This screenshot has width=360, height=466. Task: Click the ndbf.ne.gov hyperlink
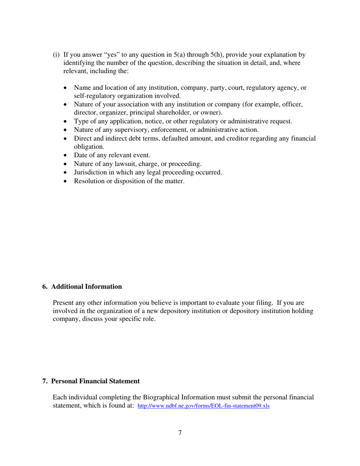pyautogui.click(x=203, y=406)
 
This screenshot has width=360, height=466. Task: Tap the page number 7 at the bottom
pyautogui.click(x=180, y=433)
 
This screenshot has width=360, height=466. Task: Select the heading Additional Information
pyautogui.click(x=86, y=286)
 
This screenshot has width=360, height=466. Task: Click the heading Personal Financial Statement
pyautogui.click(x=95, y=381)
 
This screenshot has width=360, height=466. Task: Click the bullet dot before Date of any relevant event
pyautogui.click(x=67, y=155)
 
